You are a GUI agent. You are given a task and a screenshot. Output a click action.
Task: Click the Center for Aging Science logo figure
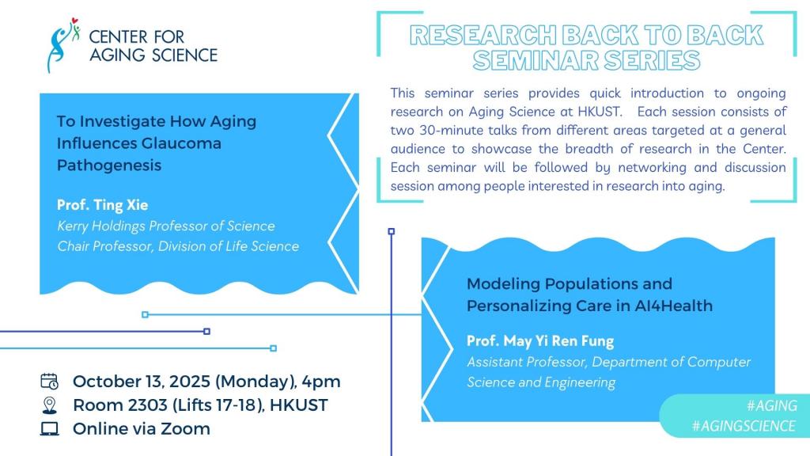point(62,45)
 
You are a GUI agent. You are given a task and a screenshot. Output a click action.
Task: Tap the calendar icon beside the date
point(50,381)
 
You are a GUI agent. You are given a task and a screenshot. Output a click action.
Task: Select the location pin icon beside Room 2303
point(50,405)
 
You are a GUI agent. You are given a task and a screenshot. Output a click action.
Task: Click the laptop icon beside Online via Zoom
point(50,428)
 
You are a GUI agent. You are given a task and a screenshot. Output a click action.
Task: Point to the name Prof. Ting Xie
point(102,205)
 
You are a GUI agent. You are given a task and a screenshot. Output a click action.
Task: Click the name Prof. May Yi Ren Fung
point(539,341)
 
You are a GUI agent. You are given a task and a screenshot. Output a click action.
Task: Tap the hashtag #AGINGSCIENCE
point(744,426)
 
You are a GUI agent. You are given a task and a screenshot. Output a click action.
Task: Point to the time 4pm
point(321,382)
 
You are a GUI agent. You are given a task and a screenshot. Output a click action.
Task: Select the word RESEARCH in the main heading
point(483,35)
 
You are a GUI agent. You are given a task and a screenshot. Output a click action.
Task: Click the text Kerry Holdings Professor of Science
point(166,226)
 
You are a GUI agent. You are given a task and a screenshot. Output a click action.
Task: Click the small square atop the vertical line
point(392,231)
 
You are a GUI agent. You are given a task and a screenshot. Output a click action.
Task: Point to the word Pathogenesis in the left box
point(109,165)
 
